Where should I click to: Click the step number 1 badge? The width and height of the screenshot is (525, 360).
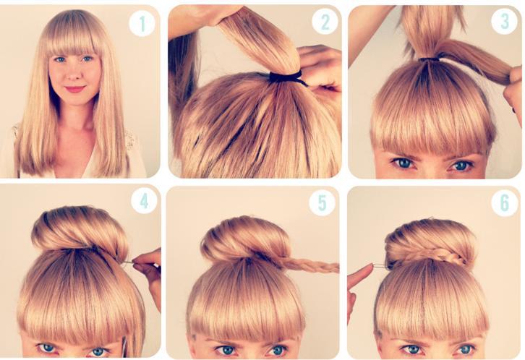pyautogui.click(x=142, y=23)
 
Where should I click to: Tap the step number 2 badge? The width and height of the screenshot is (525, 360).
pyautogui.click(x=325, y=22)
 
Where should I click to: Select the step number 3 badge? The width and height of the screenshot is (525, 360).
pyautogui.click(x=504, y=21)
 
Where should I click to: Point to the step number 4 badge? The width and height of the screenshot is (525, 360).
pyautogui.click(x=144, y=201)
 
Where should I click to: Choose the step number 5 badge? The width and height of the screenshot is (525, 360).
pyautogui.click(x=322, y=202)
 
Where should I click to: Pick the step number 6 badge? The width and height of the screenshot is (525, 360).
pyautogui.click(x=504, y=202)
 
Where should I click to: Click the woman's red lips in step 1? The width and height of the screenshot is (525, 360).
pyautogui.click(x=75, y=89)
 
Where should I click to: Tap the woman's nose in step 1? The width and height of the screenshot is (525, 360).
pyautogui.click(x=74, y=74)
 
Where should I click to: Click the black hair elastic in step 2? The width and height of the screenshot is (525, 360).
pyautogui.click(x=287, y=77)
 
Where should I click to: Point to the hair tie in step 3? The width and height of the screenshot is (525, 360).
pyautogui.click(x=430, y=59)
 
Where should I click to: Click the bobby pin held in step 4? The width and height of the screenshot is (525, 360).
pyautogui.click(x=128, y=263)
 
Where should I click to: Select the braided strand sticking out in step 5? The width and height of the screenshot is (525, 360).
pyautogui.click(x=308, y=265)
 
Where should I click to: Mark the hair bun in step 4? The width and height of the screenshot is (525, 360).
pyautogui.click(x=80, y=230)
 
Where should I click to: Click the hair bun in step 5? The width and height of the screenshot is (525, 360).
pyautogui.click(x=245, y=239)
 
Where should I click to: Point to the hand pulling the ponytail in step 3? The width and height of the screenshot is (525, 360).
pyautogui.click(x=514, y=90)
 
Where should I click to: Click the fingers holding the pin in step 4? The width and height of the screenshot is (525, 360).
pyautogui.click(x=148, y=267)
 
